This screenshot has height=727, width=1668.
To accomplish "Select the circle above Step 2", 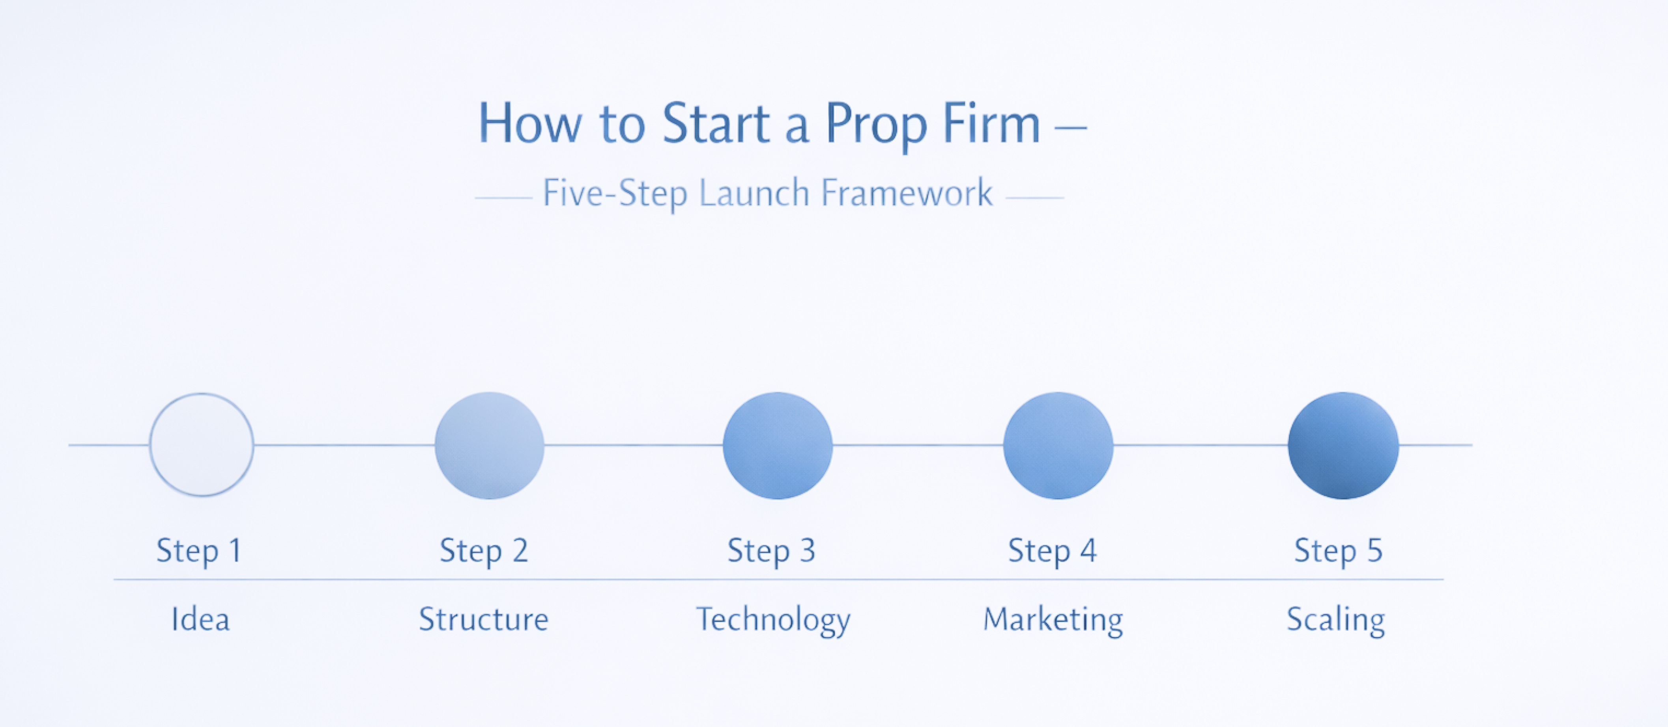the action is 490,446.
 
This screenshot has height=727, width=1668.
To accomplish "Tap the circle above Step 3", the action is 778,446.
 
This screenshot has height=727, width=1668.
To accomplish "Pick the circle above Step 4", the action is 1058,446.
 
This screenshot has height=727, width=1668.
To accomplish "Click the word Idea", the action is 200,619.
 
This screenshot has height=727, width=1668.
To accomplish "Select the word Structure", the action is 484,619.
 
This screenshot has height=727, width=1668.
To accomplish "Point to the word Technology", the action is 773,621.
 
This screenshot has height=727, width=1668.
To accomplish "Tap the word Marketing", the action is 1053,621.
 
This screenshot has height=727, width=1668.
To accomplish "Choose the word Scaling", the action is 1336,621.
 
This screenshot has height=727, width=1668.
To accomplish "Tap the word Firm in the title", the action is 991,123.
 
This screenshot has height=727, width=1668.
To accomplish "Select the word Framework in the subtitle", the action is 907,193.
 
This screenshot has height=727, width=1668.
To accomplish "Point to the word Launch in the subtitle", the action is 754,193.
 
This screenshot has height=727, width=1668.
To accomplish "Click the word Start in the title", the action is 716,123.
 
